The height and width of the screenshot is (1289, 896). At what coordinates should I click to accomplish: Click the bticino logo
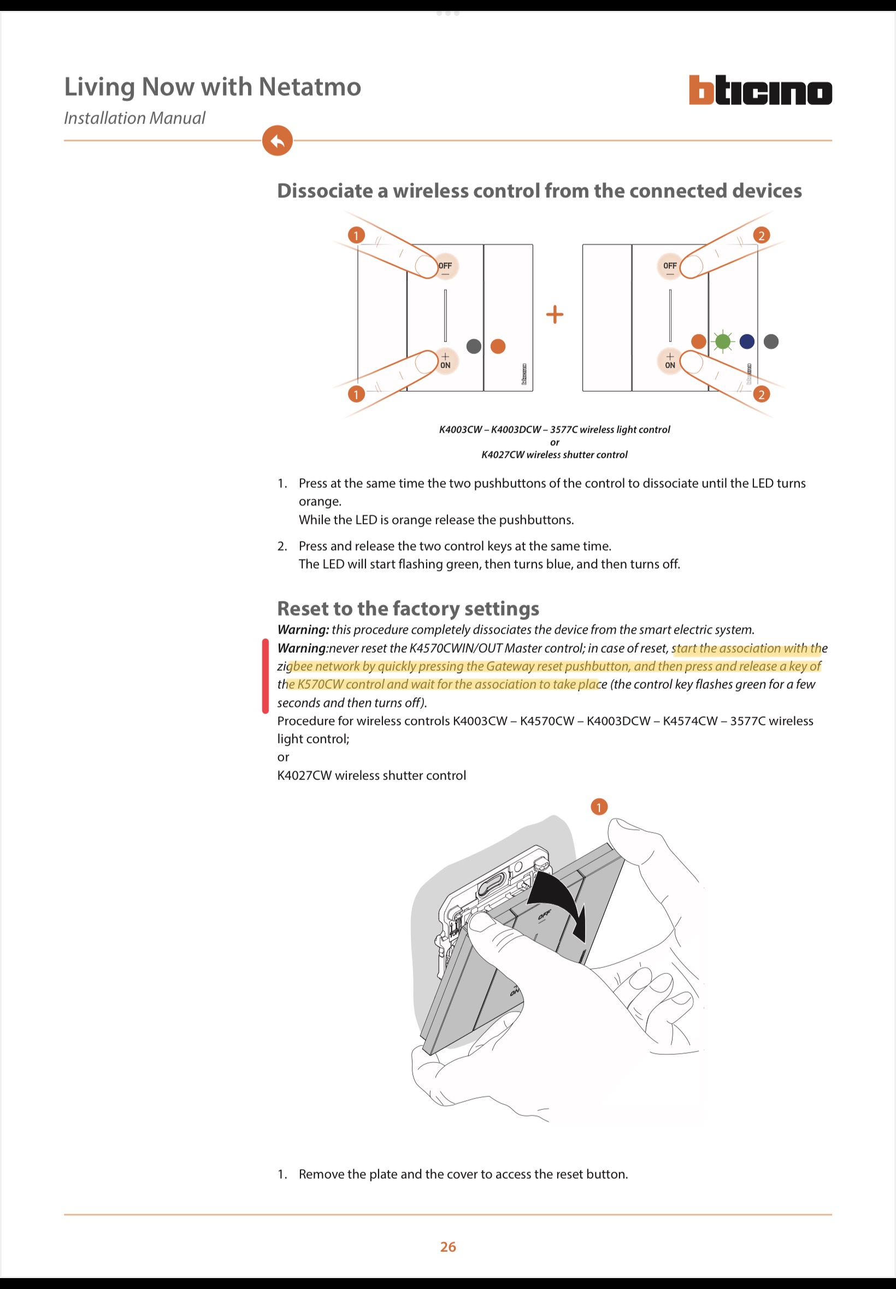tap(759, 90)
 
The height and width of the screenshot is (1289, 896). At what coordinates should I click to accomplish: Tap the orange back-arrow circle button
tap(278, 140)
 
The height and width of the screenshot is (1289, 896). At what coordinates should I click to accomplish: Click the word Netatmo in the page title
tap(309, 87)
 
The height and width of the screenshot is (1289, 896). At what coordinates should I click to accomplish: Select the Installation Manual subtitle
tap(135, 118)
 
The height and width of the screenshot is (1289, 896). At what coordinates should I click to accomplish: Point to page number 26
tap(448, 1246)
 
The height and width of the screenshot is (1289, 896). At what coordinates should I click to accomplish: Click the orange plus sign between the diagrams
tap(555, 314)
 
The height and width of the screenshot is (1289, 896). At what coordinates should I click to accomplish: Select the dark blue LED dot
tap(747, 341)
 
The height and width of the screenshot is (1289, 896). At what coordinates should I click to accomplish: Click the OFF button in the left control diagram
tap(445, 266)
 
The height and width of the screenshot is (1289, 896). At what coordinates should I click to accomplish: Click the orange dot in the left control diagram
tap(498, 346)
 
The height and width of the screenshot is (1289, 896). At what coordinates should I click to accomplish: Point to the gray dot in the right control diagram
tap(771, 341)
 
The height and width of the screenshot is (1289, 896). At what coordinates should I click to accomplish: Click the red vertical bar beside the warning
tap(266, 676)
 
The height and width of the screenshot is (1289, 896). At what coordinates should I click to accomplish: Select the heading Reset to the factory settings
tap(408, 608)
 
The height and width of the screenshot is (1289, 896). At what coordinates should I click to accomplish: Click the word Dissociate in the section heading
tap(325, 191)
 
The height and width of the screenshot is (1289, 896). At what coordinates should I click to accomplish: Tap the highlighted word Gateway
tap(508, 666)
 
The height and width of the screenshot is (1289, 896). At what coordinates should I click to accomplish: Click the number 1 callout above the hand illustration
tap(599, 807)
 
